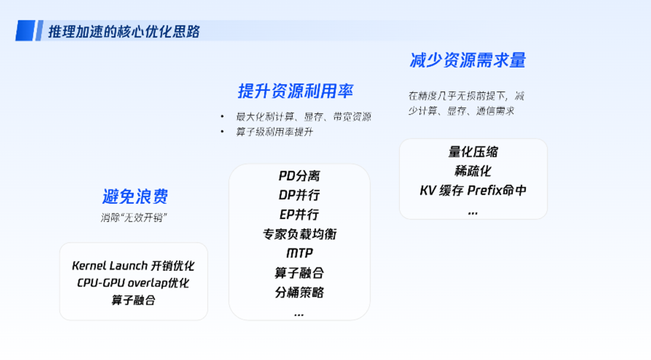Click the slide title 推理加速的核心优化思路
124,31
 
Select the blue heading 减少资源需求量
468,60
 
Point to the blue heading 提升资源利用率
295,92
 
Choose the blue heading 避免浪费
135,197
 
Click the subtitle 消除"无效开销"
134,218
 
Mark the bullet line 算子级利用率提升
275,132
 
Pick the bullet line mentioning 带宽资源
303,117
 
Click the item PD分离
299,176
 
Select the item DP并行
299,195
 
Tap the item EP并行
299,215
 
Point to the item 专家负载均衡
299,235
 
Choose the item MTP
300,254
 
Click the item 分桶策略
299,292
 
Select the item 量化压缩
473,152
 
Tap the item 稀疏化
473,171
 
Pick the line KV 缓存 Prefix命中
473,191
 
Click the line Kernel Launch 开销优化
133,266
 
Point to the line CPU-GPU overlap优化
133,283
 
